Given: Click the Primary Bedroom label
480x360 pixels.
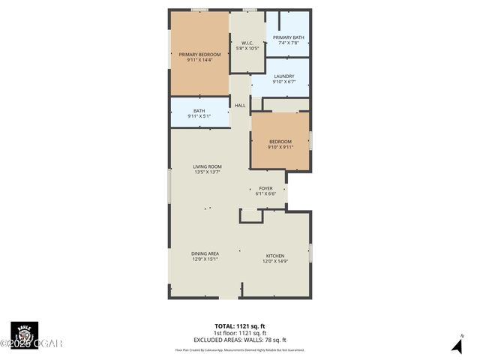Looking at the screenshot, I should click(199, 54).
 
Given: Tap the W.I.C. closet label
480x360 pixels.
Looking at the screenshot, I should click(247, 43).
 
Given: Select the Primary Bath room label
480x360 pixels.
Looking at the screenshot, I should click(288, 37).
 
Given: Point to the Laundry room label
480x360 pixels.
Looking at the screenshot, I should click(283, 76).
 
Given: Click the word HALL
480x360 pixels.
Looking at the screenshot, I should click(240, 106).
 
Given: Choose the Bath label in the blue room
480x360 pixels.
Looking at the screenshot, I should click(199, 111).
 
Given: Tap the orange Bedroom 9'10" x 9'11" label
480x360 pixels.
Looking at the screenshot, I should click(280, 141).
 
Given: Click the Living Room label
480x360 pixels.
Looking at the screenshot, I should click(207, 166).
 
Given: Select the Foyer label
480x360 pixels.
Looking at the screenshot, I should click(266, 188).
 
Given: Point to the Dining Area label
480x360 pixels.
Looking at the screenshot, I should click(204, 253).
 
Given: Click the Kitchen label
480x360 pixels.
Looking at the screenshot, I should click(275, 256).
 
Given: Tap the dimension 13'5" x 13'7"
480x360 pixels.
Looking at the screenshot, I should click(207, 172).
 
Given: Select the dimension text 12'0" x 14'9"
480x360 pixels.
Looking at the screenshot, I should click(275, 262).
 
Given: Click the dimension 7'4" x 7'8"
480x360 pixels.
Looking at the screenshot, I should click(288, 43).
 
